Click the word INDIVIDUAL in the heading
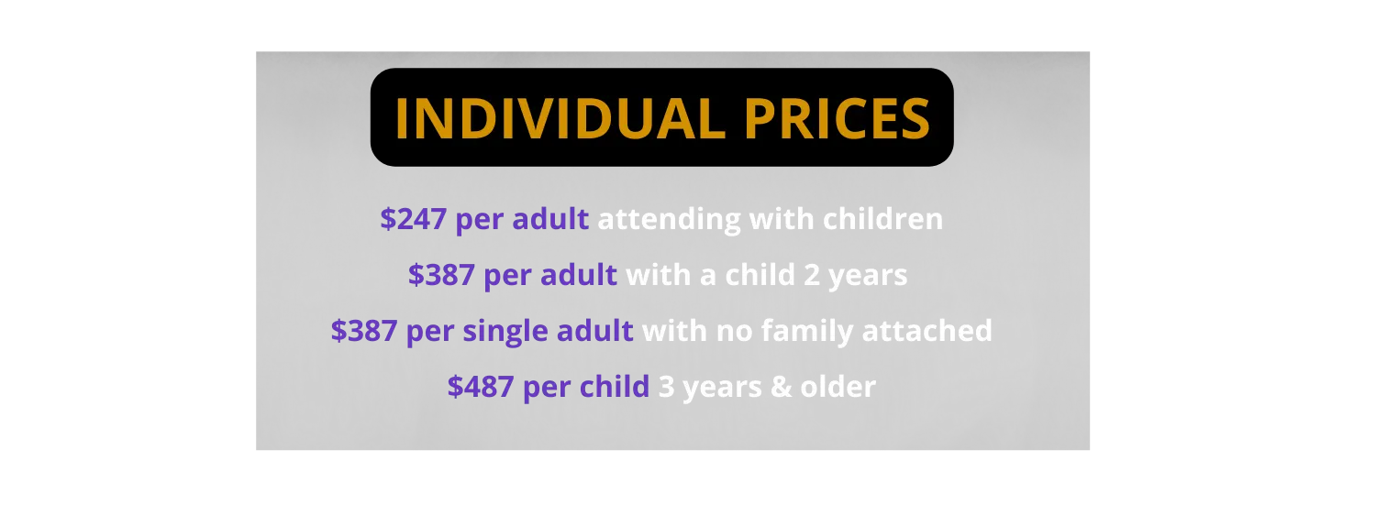click(560, 118)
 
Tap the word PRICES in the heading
click(838, 118)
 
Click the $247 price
click(413, 219)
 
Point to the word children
click(882, 219)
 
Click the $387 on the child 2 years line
click(441, 275)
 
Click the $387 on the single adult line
click(363, 331)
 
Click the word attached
click(927, 331)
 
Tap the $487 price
click(481, 387)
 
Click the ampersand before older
click(781, 387)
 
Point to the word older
click(838, 387)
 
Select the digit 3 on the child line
click(666, 387)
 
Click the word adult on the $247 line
click(550, 219)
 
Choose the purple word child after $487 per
click(615, 387)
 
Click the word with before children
click(782, 219)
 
